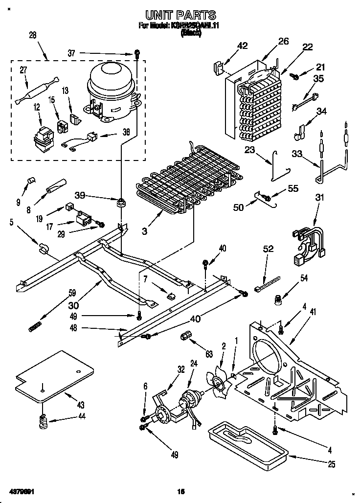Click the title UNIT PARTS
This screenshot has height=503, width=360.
180,16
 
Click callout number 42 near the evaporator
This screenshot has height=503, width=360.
242,46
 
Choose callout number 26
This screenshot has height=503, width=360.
284,42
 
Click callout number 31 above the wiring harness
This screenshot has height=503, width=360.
319,198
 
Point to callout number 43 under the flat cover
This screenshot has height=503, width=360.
80,405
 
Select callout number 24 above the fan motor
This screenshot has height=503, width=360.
193,364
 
